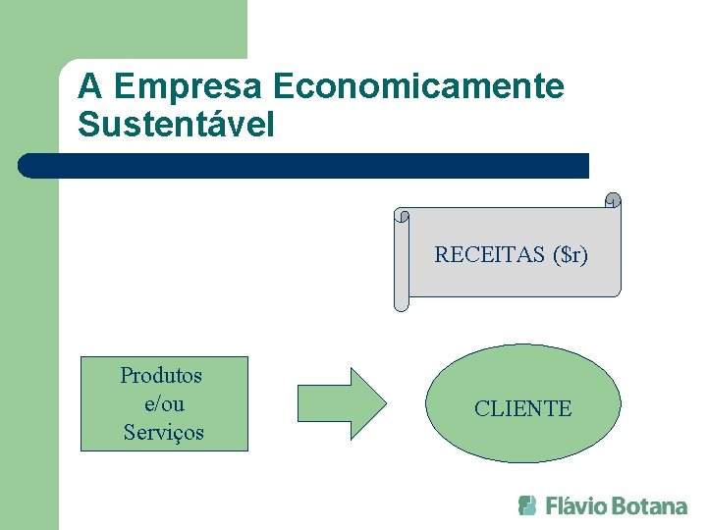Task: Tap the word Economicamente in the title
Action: click(x=419, y=86)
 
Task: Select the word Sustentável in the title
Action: click(x=177, y=126)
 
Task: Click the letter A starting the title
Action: click(x=90, y=86)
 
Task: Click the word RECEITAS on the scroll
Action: click(x=489, y=255)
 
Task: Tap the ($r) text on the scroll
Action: click(x=570, y=255)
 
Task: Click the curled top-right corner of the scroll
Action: click(x=613, y=200)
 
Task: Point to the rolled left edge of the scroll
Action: click(x=401, y=260)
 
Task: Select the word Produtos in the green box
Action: click(x=162, y=375)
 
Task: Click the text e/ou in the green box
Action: click(x=163, y=403)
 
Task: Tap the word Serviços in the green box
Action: click(x=164, y=432)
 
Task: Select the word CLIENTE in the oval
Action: click(x=522, y=408)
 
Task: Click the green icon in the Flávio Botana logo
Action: click(x=527, y=505)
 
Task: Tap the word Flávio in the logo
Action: click(x=575, y=506)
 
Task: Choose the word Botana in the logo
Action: click(x=649, y=506)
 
